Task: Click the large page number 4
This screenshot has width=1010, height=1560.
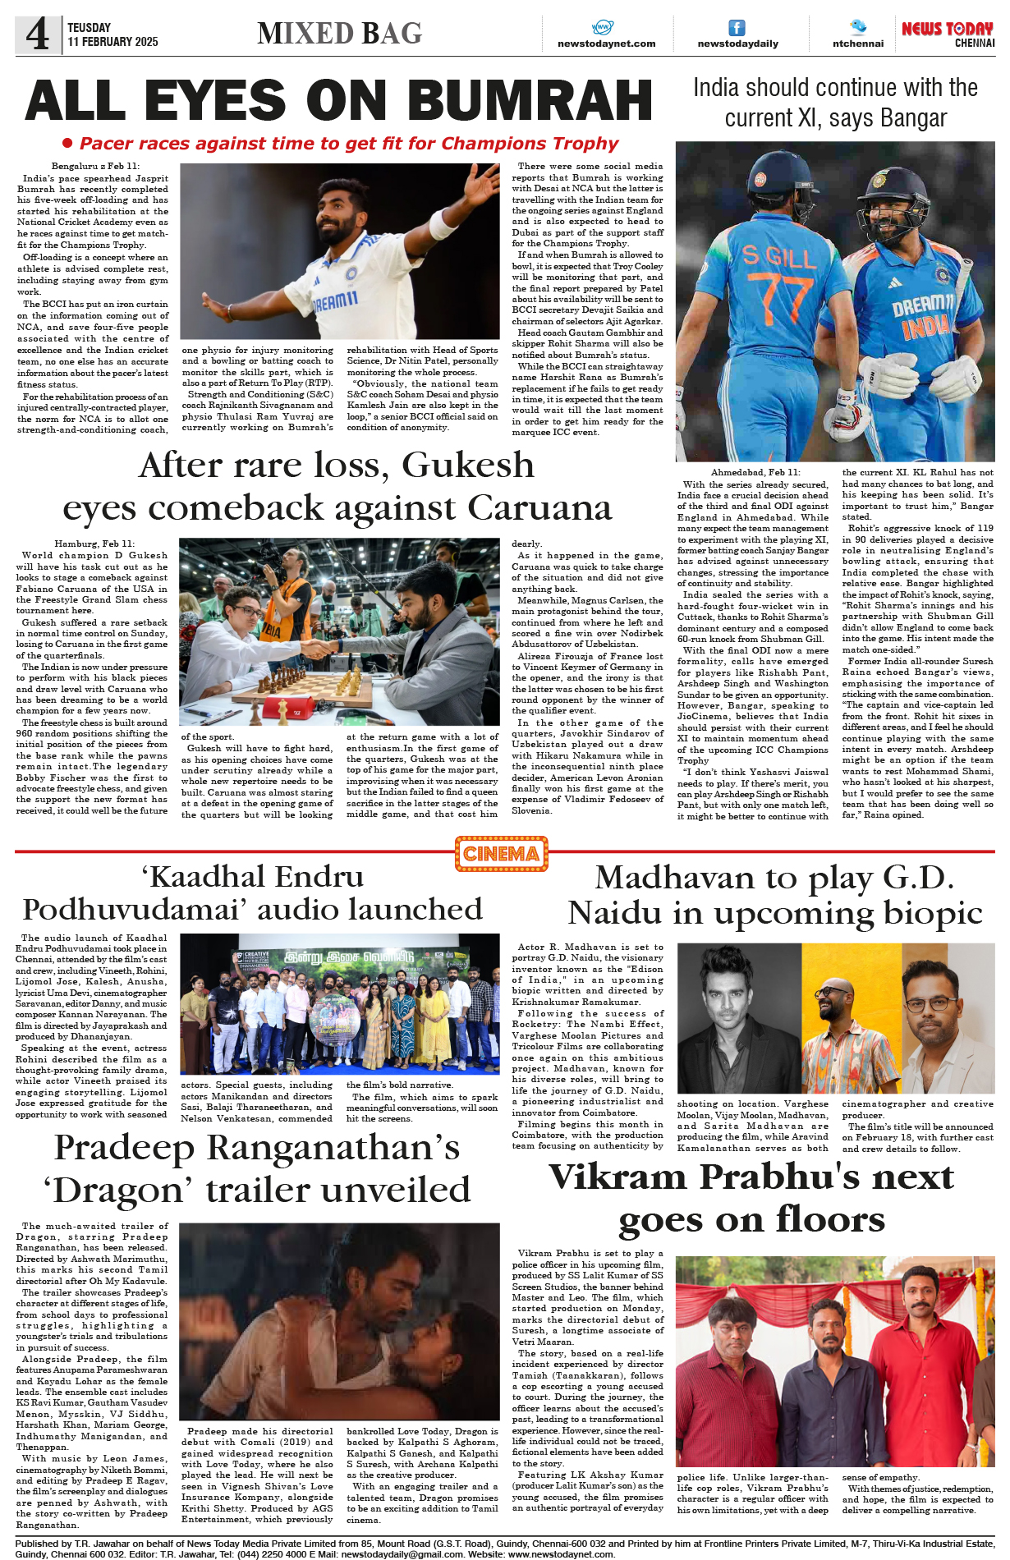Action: (38, 34)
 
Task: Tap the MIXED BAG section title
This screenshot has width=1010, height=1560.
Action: (339, 33)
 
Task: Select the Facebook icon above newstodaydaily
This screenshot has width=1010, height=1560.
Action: (737, 28)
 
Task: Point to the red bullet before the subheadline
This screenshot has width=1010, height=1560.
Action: (68, 143)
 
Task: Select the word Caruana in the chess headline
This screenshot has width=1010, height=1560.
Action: (540, 508)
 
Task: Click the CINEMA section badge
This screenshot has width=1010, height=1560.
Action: (501, 854)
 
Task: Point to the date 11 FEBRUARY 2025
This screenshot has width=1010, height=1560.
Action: (112, 41)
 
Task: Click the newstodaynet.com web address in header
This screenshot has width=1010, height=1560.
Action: (606, 44)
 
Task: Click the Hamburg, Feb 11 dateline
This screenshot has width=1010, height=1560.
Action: (94, 544)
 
